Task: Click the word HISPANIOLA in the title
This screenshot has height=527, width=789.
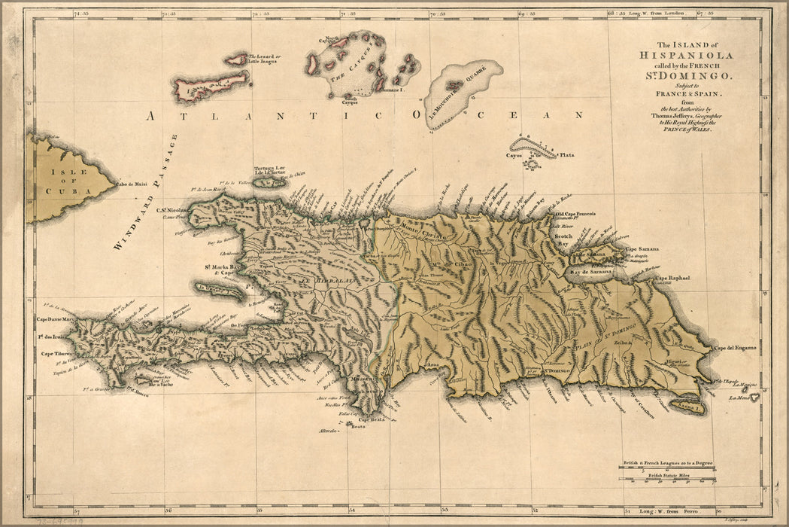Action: (x=686, y=55)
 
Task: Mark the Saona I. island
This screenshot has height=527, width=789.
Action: (x=687, y=407)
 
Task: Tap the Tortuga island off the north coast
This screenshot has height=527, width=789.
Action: (x=269, y=181)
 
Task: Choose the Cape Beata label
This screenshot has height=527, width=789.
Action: (x=372, y=419)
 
